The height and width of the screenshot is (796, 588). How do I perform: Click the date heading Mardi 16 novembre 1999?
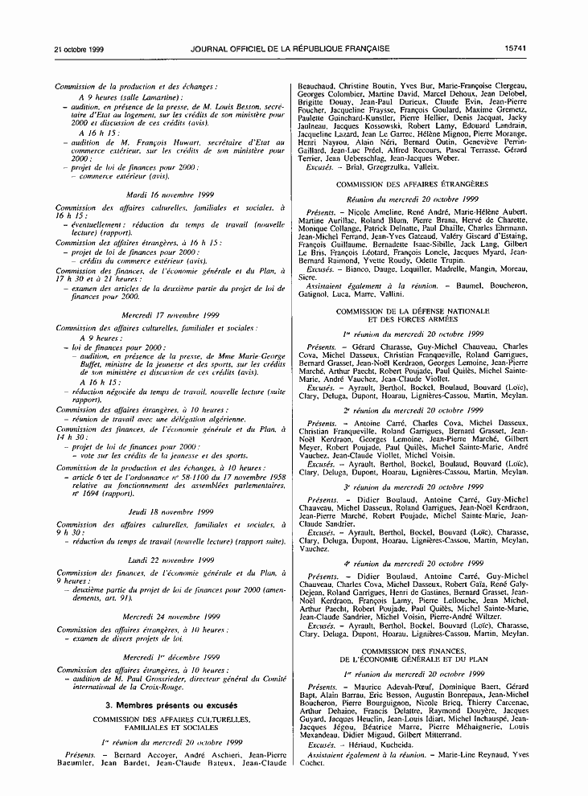click(x=170, y=195)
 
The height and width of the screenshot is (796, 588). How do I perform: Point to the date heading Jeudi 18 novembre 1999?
click(x=170, y=511)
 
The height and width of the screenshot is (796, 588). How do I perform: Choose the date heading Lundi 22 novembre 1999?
click(x=170, y=560)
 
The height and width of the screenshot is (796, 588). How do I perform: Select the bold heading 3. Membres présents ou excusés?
click(x=170, y=704)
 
